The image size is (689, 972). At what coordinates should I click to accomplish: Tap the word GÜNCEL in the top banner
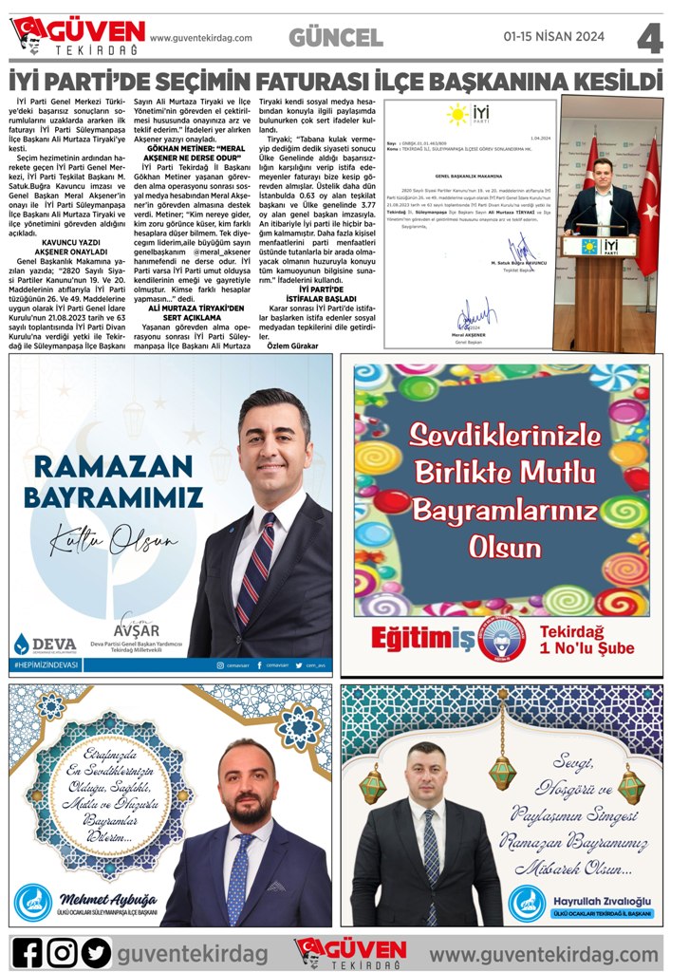[336, 38]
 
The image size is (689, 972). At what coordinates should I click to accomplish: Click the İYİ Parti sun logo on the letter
[458, 115]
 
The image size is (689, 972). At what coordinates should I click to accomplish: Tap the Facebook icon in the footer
[29, 951]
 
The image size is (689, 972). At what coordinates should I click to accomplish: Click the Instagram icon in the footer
[63, 951]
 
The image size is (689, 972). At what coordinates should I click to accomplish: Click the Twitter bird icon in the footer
[96, 951]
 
